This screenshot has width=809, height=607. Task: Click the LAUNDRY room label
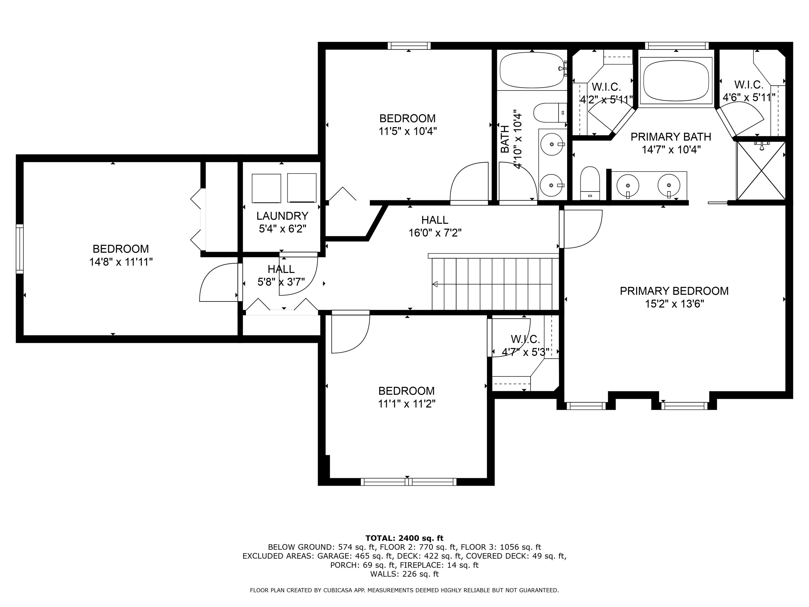[x=282, y=216]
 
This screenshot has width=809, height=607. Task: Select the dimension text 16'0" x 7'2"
[x=435, y=233]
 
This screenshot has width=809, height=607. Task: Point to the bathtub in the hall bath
[x=532, y=70]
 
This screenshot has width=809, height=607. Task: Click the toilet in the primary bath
[x=590, y=183]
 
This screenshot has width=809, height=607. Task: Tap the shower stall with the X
[x=761, y=171]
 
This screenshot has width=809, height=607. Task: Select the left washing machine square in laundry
[x=266, y=188]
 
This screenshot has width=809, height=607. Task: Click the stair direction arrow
[x=435, y=284]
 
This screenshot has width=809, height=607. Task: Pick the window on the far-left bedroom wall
[x=20, y=249]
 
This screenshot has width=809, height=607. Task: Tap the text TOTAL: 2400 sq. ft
[x=404, y=538]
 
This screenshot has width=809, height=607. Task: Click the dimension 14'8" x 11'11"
[x=121, y=262]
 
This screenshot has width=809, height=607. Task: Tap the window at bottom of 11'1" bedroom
[x=409, y=482]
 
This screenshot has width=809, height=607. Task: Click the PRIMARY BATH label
[x=671, y=137]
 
